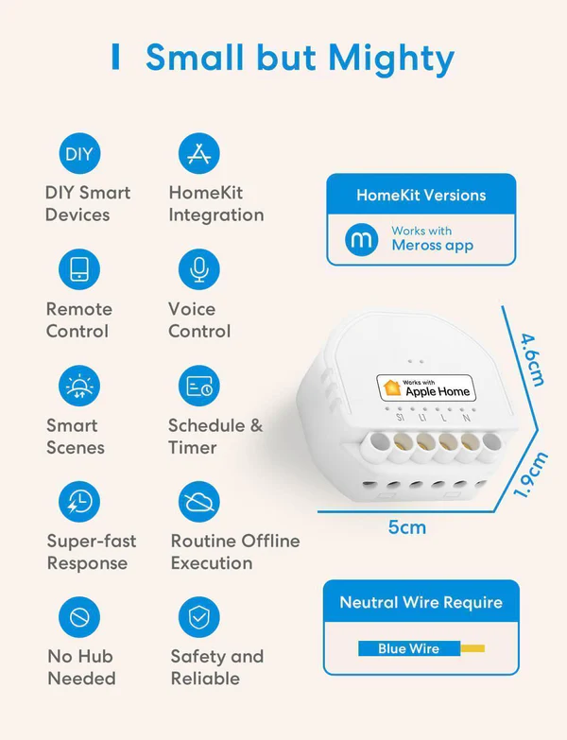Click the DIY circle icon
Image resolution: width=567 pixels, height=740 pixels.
tap(79, 153)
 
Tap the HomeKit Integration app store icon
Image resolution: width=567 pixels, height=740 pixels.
tap(199, 153)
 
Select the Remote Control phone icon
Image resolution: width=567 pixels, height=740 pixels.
tap(79, 269)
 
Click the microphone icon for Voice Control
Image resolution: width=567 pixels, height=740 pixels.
tap(199, 269)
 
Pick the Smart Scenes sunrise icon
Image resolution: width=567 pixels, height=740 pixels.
tap(79, 386)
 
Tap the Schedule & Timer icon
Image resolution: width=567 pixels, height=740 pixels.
tap(199, 386)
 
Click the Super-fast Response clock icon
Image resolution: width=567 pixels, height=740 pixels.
tap(79, 502)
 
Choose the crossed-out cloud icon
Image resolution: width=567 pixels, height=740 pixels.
tap(199, 502)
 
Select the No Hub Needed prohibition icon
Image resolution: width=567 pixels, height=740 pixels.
tap(79, 617)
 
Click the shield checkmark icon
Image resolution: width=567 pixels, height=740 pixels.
tap(199, 617)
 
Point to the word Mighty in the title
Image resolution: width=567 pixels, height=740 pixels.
tap(391, 60)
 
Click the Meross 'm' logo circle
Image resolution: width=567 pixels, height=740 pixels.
tap(361, 240)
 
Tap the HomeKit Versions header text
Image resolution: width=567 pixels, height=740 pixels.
tap(421, 195)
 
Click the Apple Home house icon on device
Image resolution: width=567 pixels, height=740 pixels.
tap(391, 387)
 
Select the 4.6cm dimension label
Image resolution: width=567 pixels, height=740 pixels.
tap(533, 360)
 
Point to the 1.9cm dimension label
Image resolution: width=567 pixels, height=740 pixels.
tap(530, 474)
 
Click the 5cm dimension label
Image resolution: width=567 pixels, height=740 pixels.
tap(407, 527)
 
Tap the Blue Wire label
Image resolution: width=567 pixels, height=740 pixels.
tap(408, 648)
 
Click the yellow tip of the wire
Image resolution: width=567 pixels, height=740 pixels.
tap(472, 648)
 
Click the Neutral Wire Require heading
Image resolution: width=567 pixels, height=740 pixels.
tap(421, 602)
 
